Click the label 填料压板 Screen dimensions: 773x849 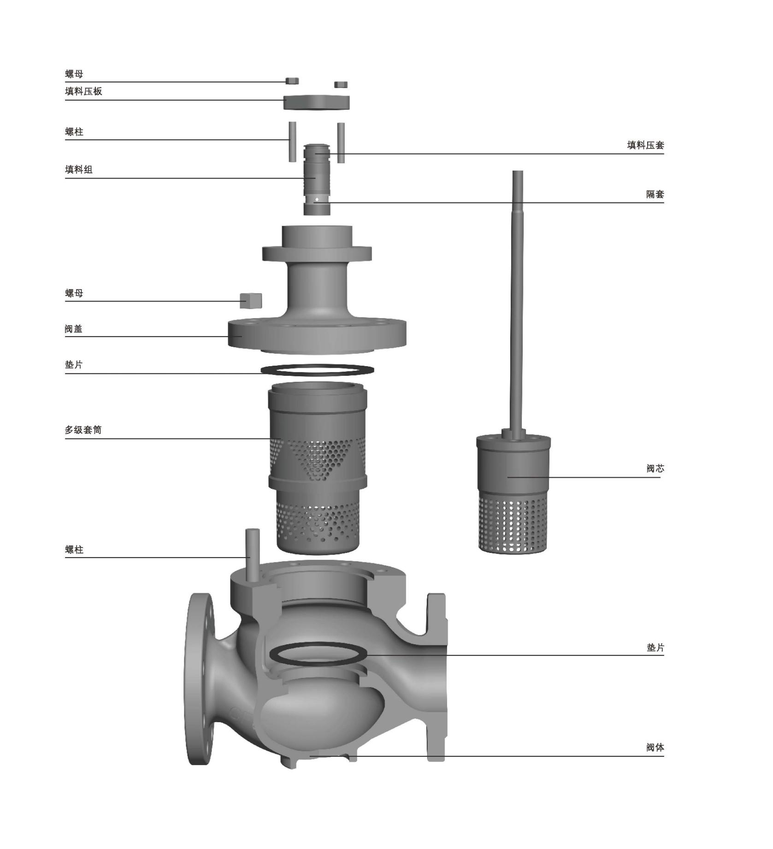tap(83, 91)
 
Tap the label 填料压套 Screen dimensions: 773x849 tap(645, 145)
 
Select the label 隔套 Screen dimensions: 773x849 tap(655, 194)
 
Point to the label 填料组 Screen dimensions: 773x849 tap(79, 170)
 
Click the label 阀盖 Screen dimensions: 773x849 tap(74, 329)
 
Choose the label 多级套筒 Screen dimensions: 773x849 tap(83, 430)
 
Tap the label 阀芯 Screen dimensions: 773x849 tap(655, 469)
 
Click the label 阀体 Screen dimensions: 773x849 tap(655, 748)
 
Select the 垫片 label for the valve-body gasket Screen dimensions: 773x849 tap(655, 647)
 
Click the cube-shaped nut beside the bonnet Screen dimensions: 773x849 tap(251, 301)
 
